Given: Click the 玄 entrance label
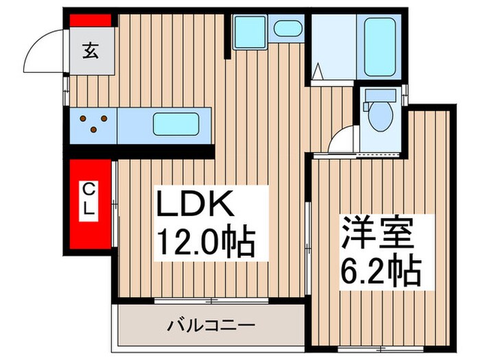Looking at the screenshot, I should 91,49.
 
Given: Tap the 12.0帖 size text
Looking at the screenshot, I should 206,242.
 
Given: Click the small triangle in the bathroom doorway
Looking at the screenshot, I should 318,71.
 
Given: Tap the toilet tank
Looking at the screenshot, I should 378,96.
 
